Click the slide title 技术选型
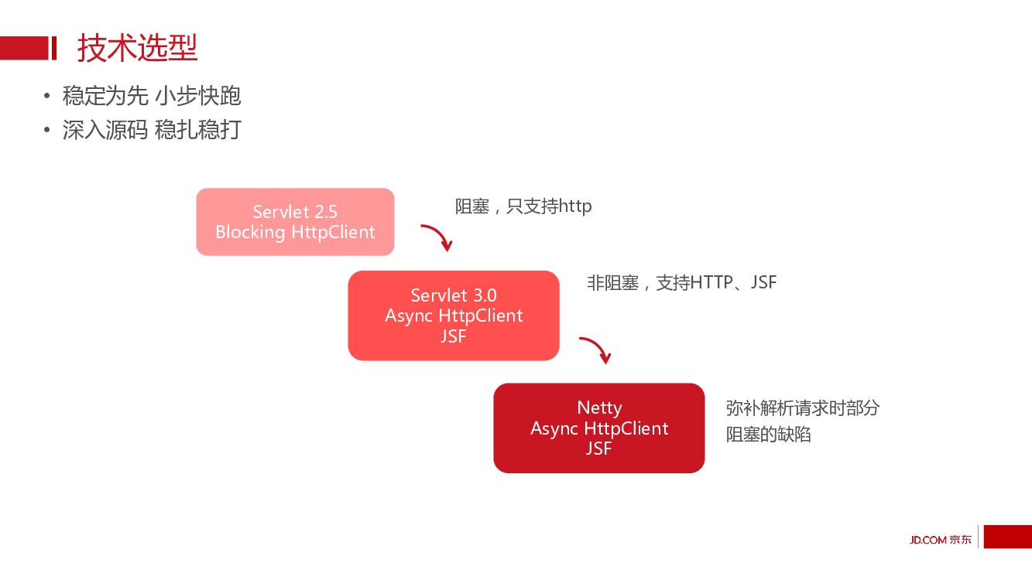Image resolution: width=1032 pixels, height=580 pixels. (138, 48)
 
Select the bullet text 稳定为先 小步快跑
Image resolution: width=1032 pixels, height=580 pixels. (152, 96)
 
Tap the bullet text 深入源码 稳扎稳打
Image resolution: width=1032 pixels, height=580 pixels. (152, 130)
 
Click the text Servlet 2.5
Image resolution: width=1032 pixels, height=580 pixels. (295, 212)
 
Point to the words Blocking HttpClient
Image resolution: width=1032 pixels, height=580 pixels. (295, 232)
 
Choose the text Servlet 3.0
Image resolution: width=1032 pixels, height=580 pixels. (454, 295)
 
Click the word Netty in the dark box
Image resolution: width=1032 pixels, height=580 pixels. (599, 408)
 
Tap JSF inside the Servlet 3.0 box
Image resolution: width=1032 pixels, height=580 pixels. (454, 336)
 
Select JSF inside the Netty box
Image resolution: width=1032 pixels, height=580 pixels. (599, 449)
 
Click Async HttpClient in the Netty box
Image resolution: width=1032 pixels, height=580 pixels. (599, 428)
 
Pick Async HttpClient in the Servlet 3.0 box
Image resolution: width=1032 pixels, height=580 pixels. (454, 316)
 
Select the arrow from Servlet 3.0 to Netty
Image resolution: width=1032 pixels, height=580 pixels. (596, 350)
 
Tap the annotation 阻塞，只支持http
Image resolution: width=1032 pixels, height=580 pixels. (523, 206)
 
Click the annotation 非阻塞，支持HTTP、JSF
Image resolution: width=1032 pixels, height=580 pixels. (681, 283)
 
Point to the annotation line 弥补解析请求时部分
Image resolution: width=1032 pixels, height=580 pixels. (803, 408)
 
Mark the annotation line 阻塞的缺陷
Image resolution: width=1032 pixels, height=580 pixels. (768, 435)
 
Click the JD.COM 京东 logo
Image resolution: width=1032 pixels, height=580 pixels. (940, 540)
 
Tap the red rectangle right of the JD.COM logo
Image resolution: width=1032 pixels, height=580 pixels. (1007, 537)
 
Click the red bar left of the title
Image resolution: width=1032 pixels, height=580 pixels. (28, 48)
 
